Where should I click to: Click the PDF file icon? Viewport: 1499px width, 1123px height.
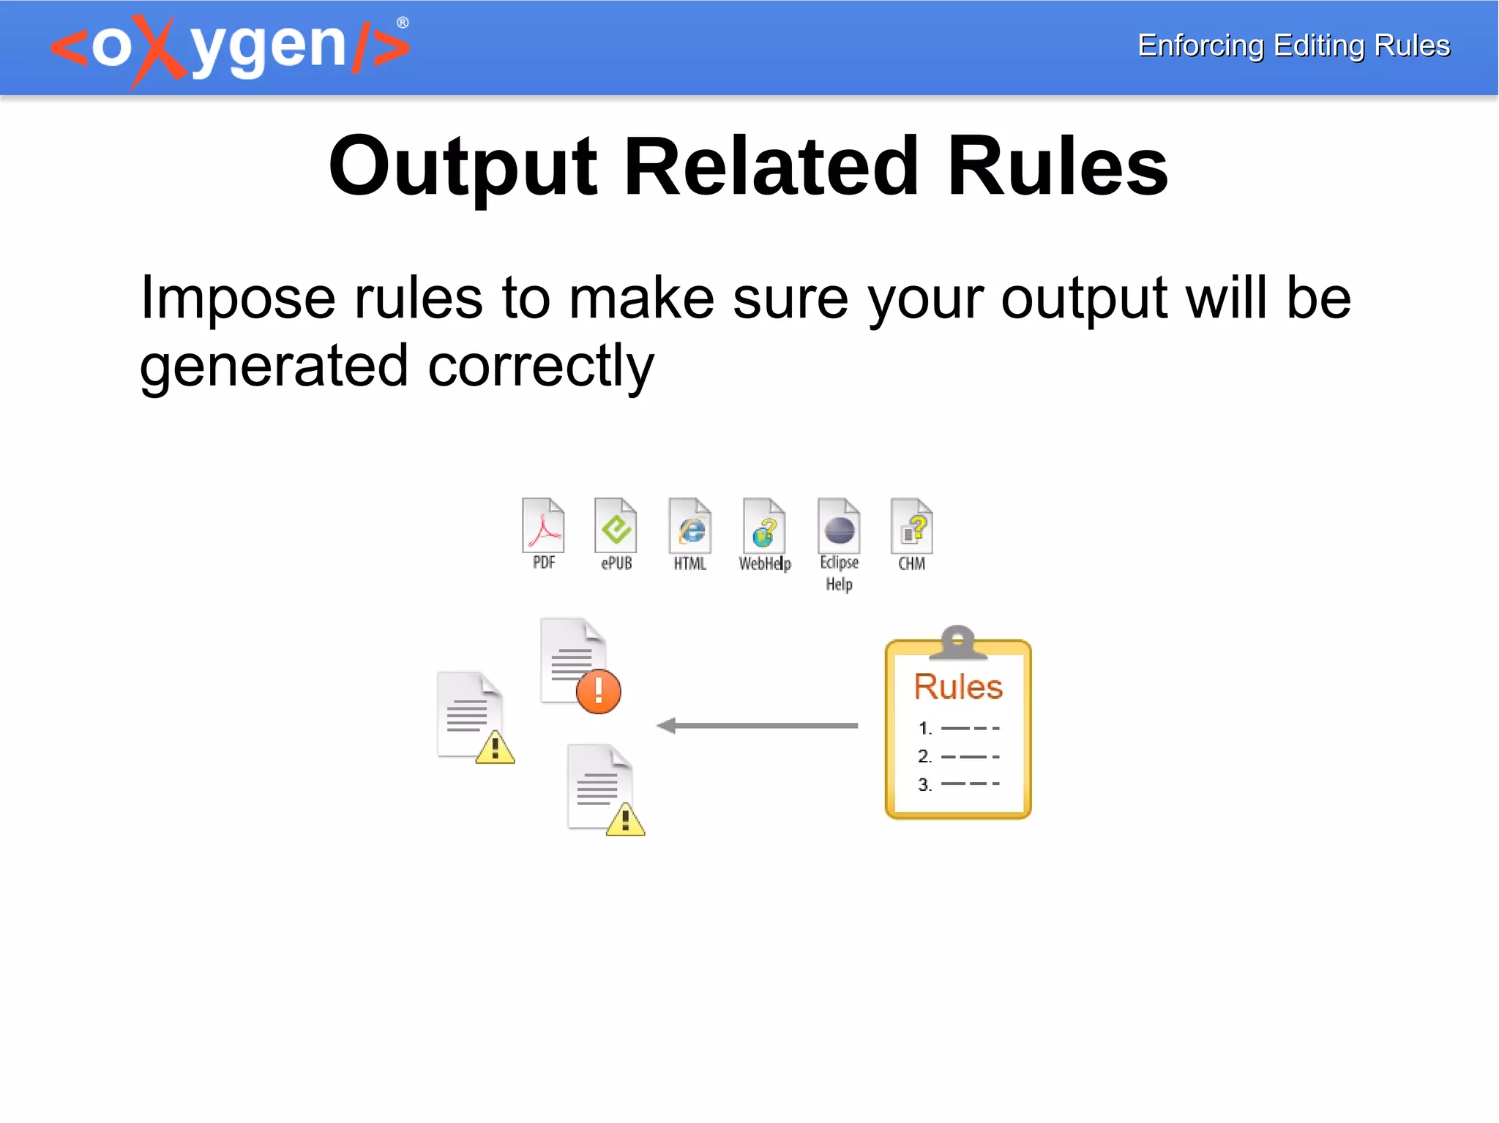pos(543,525)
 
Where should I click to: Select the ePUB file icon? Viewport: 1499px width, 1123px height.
pos(616,525)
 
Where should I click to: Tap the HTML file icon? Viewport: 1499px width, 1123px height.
pos(689,525)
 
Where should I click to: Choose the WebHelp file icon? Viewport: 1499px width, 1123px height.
pos(764,525)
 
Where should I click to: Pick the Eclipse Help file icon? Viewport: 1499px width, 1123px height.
pos(839,525)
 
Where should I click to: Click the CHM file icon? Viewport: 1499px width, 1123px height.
pos(911,525)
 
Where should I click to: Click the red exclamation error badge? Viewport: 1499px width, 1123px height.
pos(598,691)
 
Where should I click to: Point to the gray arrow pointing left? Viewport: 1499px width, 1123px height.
pos(757,726)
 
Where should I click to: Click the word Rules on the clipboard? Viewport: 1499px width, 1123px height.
pos(958,686)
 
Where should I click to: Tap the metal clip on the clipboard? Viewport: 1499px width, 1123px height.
pos(957,641)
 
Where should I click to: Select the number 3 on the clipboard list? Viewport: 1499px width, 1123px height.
pos(924,785)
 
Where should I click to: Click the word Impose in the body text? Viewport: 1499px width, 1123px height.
pos(238,298)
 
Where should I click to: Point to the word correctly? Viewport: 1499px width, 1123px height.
pos(540,366)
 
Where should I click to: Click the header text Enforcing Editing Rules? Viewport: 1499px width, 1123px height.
pos(1293,45)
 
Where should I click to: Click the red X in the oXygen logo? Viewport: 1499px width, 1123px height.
pos(160,50)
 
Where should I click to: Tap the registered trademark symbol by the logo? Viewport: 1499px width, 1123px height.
pos(403,23)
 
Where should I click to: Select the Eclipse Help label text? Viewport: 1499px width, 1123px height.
pos(839,573)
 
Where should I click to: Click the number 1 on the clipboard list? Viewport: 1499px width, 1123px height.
pos(924,729)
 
